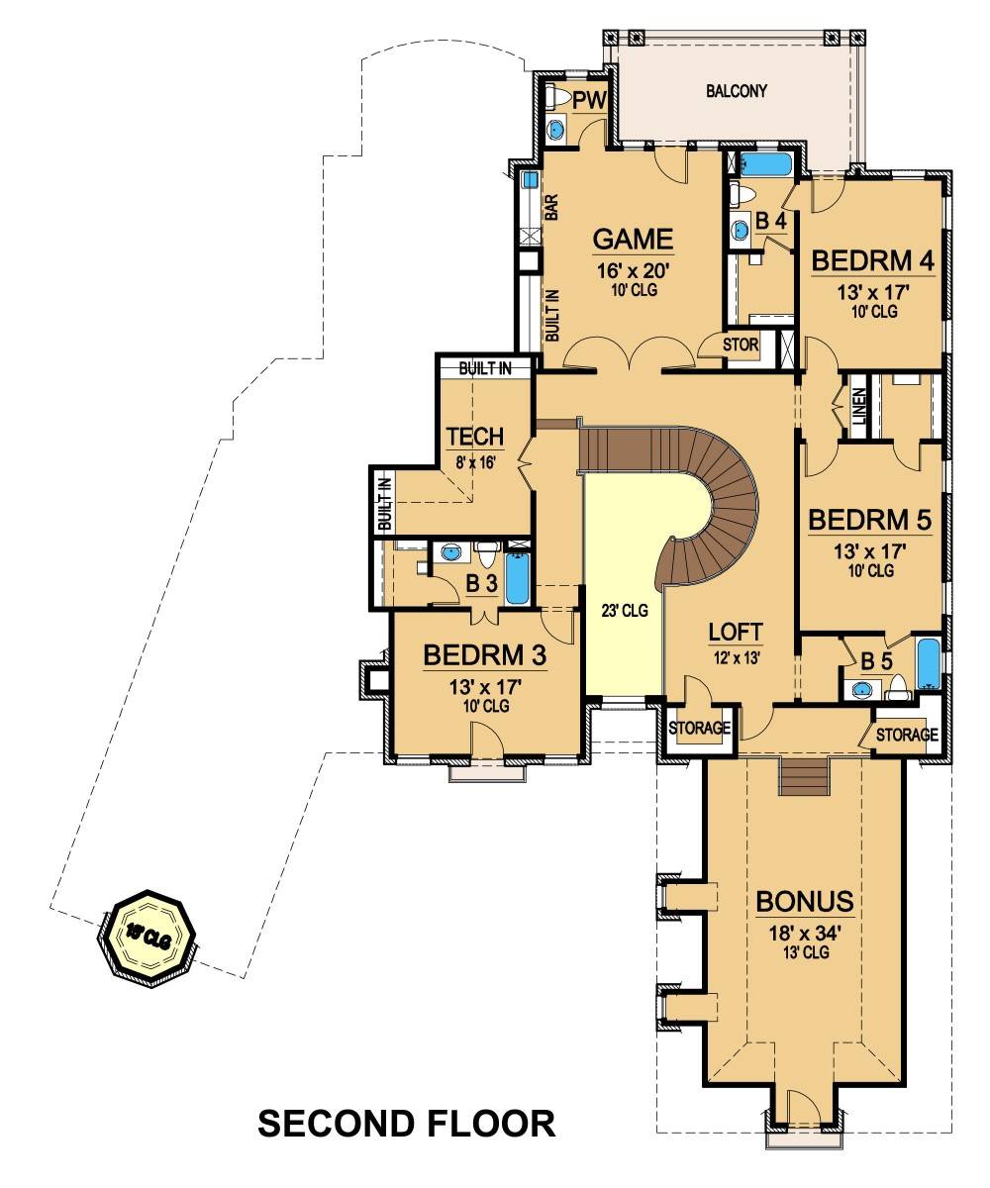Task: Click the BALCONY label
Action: (736, 91)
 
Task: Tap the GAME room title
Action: (633, 239)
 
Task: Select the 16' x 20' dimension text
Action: (632, 271)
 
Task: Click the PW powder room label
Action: (588, 101)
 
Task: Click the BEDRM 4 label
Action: (872, 260)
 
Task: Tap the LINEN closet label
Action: (859, 406)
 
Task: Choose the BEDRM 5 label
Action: (870, 520)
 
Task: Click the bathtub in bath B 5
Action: (928, 664)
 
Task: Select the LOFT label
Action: (736, 632)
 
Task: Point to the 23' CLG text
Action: (625, 611)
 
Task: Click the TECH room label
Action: (474, 437)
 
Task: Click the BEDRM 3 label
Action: (485, 654)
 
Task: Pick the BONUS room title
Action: (805, 901)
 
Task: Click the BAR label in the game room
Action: (551, 207)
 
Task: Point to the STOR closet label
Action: (741, 345)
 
